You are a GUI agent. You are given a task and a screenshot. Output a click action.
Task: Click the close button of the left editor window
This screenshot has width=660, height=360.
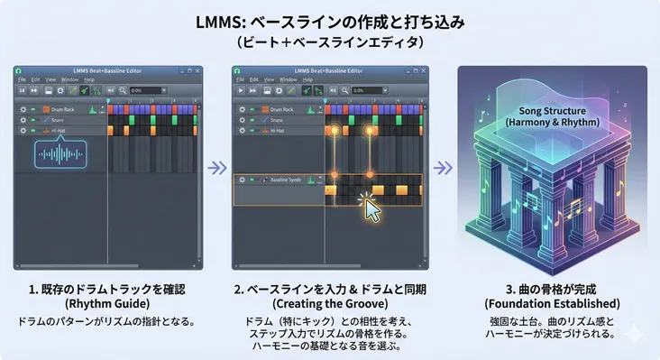click(200, 70)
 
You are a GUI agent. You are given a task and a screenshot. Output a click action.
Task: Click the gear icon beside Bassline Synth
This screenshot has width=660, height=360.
click(241, 180)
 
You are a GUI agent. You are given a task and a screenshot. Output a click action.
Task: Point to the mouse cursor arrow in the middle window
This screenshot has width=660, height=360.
click(371, 208)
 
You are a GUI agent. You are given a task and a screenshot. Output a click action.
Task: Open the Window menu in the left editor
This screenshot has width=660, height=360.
click(69, 79)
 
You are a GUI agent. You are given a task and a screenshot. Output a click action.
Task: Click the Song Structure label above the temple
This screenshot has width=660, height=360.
click(539, 115)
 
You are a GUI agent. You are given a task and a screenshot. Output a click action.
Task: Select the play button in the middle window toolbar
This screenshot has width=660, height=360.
click(241, 90)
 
